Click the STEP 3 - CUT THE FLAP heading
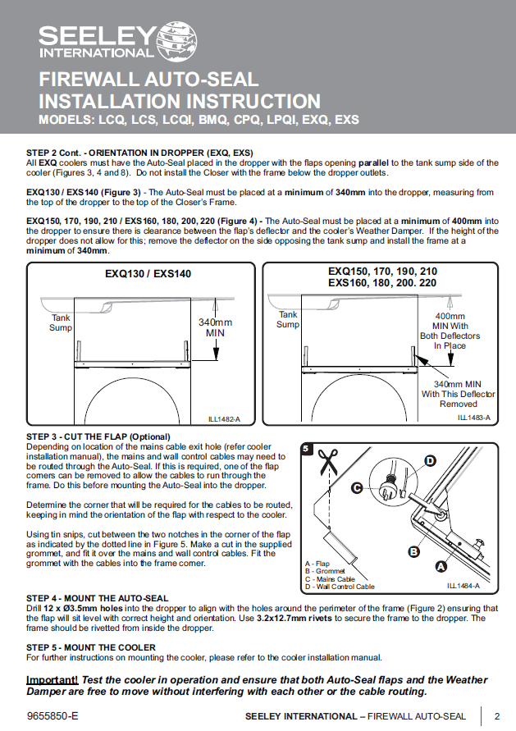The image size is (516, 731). [98, 436]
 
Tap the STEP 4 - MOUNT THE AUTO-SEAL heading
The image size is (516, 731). [98, 598]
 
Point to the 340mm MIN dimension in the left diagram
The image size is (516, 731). [216, 327]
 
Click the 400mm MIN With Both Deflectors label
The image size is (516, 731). [450, 331]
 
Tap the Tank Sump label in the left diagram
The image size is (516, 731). [61, 322]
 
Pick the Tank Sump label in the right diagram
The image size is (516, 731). [288, 319]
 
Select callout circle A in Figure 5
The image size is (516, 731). [441, 566]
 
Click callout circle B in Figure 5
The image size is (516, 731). [414, 552]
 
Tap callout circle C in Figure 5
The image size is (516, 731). [358, 488]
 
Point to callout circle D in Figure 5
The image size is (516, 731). [429, 461]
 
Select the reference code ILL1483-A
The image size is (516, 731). [473, 418]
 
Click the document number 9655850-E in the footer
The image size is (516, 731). [53, 716]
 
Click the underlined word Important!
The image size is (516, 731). [53, 680]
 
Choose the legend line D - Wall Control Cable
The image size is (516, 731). [339, 587]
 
